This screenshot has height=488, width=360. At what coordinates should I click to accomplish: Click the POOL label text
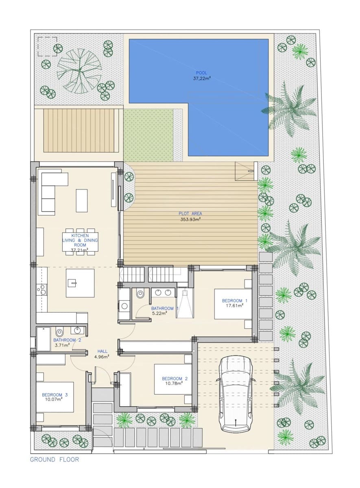(201, 73)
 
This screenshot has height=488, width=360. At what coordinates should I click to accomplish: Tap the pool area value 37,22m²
(201, 78)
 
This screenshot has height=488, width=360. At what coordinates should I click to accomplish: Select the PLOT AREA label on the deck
(190, 213)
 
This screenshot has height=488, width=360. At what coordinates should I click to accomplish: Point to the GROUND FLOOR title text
(55, 460)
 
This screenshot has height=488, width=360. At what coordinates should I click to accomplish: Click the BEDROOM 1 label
(234, 301)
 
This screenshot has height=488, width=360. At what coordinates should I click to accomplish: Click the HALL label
(102, 351)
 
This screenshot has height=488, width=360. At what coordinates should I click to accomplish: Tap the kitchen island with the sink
(80, 283)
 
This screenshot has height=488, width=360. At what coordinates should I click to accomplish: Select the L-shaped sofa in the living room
(49, 191)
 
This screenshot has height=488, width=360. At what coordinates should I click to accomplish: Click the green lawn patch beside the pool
(148, 135)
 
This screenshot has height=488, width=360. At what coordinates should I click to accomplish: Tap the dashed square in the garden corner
(47, 46)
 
